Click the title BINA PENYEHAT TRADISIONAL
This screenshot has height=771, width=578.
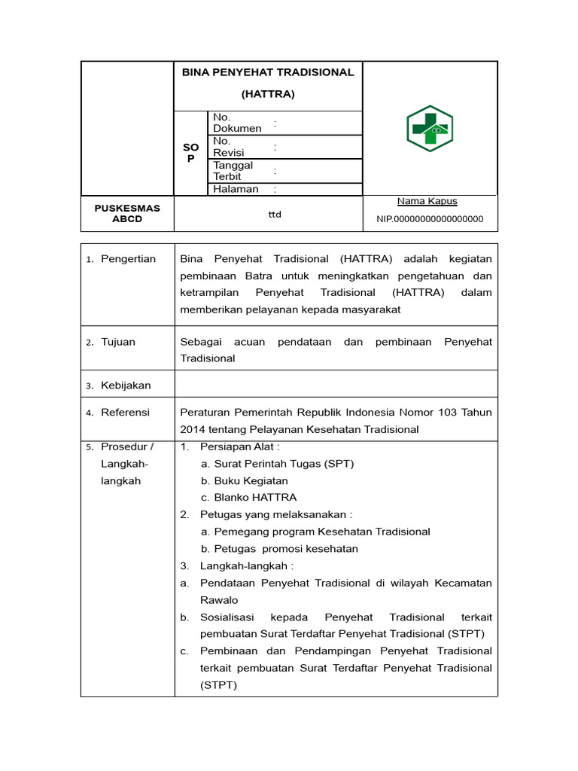pos(268,72)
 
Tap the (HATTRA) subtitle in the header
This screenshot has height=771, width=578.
pos(268,94)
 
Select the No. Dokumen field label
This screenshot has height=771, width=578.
pos(237,123)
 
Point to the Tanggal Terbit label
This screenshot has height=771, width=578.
pos(233,171)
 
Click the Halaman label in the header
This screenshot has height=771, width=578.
pos(236,189)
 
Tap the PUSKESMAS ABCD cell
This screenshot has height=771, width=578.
pos(127,214)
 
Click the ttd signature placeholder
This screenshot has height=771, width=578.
pos(275,215)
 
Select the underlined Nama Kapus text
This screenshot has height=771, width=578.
pos(427,201)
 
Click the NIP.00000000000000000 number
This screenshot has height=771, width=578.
pos(430,219)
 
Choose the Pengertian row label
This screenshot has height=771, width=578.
pos(128,259)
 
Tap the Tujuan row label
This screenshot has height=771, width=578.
pos(118,342)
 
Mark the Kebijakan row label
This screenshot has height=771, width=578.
pos(126,385)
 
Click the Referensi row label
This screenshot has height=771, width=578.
pos(125,413)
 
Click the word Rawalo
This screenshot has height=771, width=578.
pos(219,600)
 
